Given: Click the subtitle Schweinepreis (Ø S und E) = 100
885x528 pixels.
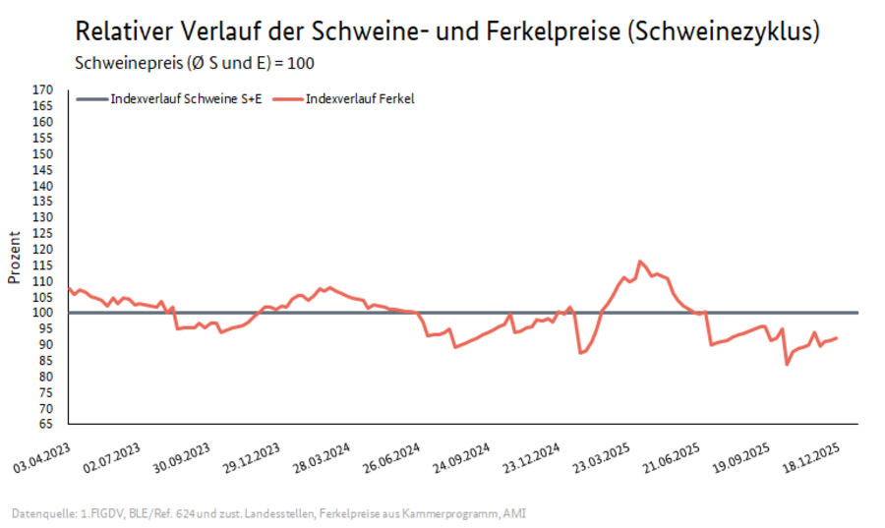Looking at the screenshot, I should tap(196, 63).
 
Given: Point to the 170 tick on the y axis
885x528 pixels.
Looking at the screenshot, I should tap(42, 89).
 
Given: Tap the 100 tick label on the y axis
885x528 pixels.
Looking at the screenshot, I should tap(42, 313).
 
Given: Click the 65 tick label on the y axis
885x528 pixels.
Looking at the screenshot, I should tap(45, 424).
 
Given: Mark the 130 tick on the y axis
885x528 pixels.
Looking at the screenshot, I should tap(42, 217).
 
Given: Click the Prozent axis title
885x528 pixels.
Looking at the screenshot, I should tap(14, 257).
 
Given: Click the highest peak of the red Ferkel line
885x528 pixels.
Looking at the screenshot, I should tap(640, 262).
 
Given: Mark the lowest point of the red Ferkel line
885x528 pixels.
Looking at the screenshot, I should tap(787, 364).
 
